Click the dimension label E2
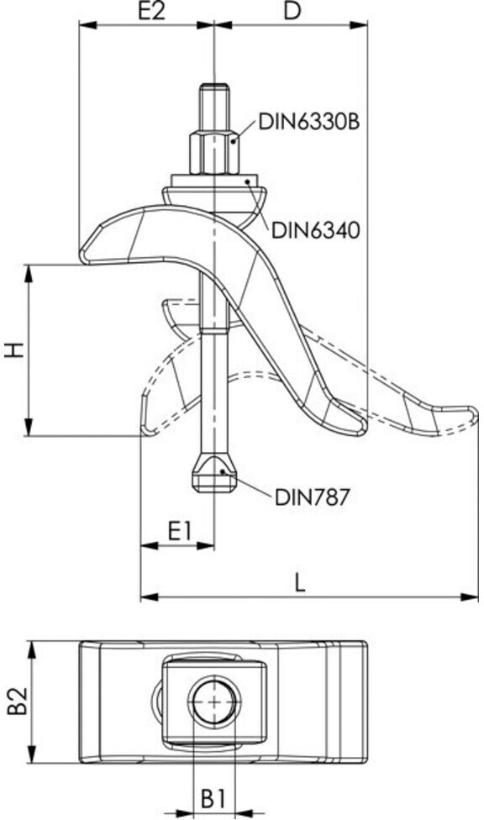pos(151,11)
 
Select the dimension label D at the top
pos(292,11)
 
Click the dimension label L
pos(299,582)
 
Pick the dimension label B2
pos(16,701)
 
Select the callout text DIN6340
pos(315,229)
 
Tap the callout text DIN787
pos(312,497)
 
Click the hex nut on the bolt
pos(214,152)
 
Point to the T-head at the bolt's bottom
pos(214,473)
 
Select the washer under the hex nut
pos(214,181)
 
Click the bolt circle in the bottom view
pos(214,702)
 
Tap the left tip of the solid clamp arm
pos(82,255)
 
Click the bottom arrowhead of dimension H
pos(29,427)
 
